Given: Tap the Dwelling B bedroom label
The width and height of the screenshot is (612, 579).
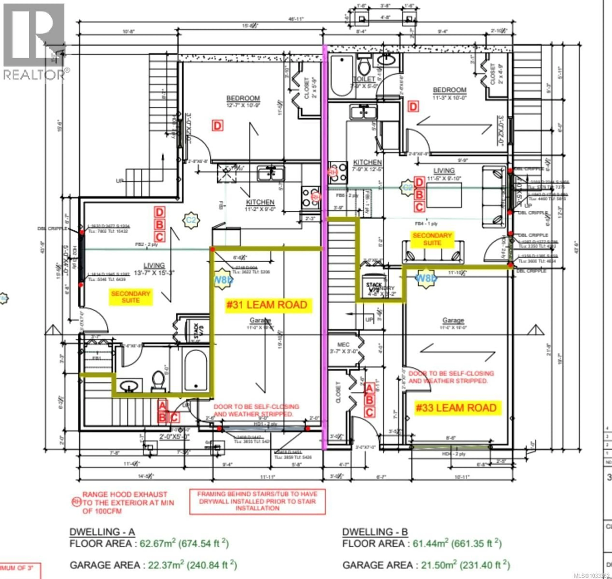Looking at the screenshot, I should click(449, 90).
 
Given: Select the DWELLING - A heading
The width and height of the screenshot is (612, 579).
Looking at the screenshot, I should click(102, 532).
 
